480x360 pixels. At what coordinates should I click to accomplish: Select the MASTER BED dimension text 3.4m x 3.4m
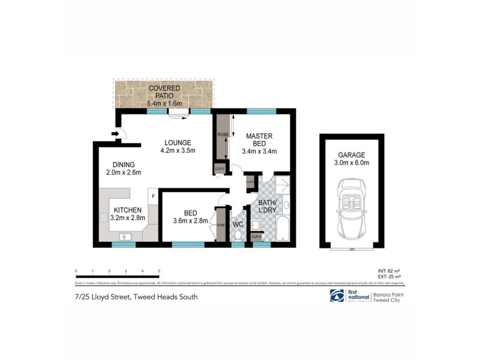pyautogui.click(x=259, y=152)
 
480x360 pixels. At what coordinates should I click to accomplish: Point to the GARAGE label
pyautogui.click(x=352, y=154)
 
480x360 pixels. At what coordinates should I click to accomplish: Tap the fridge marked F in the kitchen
pyautogui.click(x=154, y=196)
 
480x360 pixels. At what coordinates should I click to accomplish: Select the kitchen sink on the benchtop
pyautogui.click(x=127, y=236)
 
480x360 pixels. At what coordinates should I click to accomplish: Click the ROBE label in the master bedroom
pyautogui.click(x=222, y=134)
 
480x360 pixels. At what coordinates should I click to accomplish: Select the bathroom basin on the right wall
pyautogui.click(x=286, y=208)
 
